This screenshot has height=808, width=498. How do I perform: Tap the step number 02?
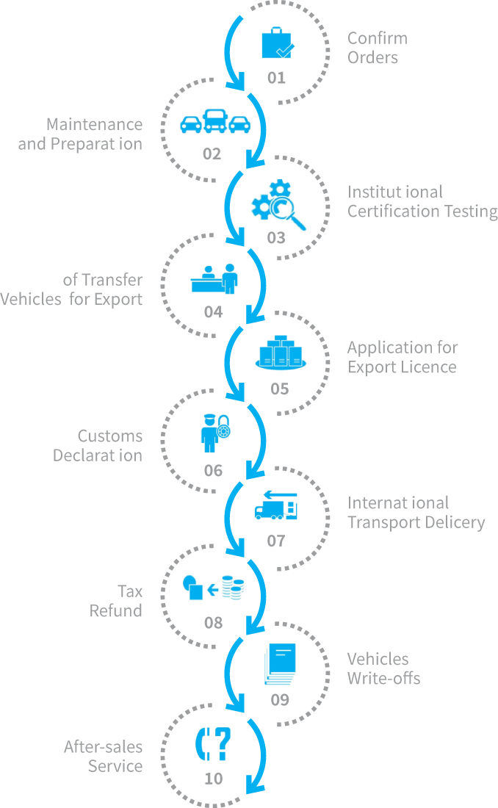[212, 154]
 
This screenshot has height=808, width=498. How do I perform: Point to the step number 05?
[279, 389]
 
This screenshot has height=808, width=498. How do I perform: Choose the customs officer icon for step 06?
[209, 433]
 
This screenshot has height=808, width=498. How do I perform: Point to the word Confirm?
[377, 38]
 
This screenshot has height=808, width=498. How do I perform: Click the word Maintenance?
[94, 124]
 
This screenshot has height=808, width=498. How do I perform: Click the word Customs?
[110, 436]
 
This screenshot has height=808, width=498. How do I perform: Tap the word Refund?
[115, 610]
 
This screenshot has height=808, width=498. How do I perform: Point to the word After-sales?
[103, 747]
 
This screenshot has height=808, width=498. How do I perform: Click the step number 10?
[213, 778]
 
